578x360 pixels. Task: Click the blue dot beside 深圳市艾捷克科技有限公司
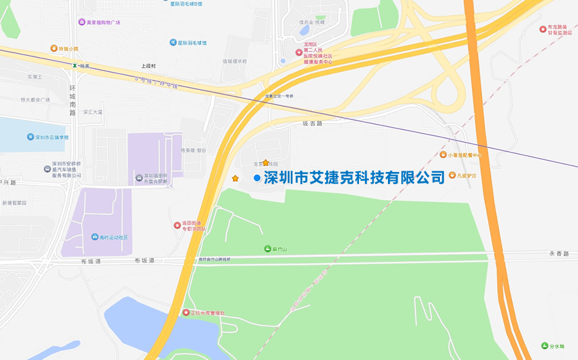pyautogui.click(x=257, y=178)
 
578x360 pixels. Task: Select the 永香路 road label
pyautogui.click(x=559, y=254)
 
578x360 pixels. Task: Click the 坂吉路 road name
pyautogui.click(x=311, y=123)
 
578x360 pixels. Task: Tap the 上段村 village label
pyautogui.click(x=149, y=66)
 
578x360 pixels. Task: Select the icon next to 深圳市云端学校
pyautogui.click(x=30, y=137)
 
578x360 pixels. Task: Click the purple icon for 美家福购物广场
pyautogui.click(x=82, y=22)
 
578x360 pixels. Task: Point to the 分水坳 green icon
pyautogui.click(x=544, y=346)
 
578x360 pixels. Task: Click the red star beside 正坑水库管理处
pyautogui.click(x=186, y=313)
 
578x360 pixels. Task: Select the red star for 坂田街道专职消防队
pyautogui.click(x=177, y=225)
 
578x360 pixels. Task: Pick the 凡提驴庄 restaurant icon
pyautogui.click(x=452, y=175)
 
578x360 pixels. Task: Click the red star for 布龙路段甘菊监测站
pyautogui.click(x=543, y=29)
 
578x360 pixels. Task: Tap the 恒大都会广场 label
pyautogui.click(x=35, y=100)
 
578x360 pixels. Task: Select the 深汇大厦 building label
pyautogui.click(x=92, y=112)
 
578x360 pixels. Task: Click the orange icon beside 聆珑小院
pyautogui.click(x=54, y=48)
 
